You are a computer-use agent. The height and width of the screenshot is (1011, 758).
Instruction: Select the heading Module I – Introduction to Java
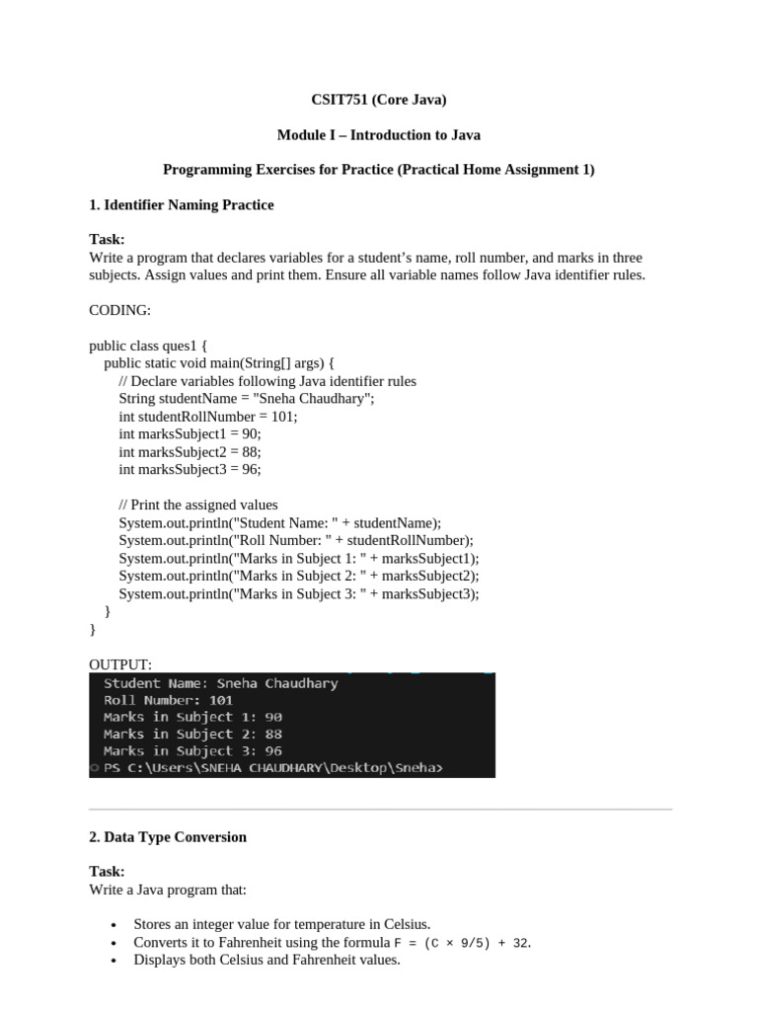tap(379, 134)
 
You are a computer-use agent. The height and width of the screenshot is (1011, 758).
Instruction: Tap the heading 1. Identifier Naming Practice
tap(182, 204)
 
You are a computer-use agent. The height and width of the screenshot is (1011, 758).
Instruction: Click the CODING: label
tap(119, 310)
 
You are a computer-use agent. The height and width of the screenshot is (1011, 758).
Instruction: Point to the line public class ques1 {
tap(148, 346)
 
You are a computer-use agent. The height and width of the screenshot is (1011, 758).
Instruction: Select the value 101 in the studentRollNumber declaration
tap(282, 417)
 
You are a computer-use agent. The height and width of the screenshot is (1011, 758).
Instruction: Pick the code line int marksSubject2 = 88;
tap(189, 452)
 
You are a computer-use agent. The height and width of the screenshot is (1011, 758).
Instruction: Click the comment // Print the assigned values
tap(198, 505)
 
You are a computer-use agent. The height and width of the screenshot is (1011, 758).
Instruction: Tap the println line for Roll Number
tap(296, 541)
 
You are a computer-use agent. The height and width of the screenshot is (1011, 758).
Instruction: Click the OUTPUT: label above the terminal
tap(120, 664)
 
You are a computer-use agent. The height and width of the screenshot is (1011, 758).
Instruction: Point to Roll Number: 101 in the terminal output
tap(168, 700)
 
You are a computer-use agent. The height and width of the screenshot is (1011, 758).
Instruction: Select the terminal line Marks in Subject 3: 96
tap(192, 751)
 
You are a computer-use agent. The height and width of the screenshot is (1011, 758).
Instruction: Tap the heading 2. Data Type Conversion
tap(168, 837)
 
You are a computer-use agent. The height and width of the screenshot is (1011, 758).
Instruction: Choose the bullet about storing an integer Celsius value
tap(282, 924)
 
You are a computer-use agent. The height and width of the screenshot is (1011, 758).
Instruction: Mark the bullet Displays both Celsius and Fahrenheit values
tap(266, 960)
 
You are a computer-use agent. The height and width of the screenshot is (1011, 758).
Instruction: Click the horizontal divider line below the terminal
tap(380, 810)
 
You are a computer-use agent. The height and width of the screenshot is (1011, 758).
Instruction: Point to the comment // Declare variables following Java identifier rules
tap(267, 381)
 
